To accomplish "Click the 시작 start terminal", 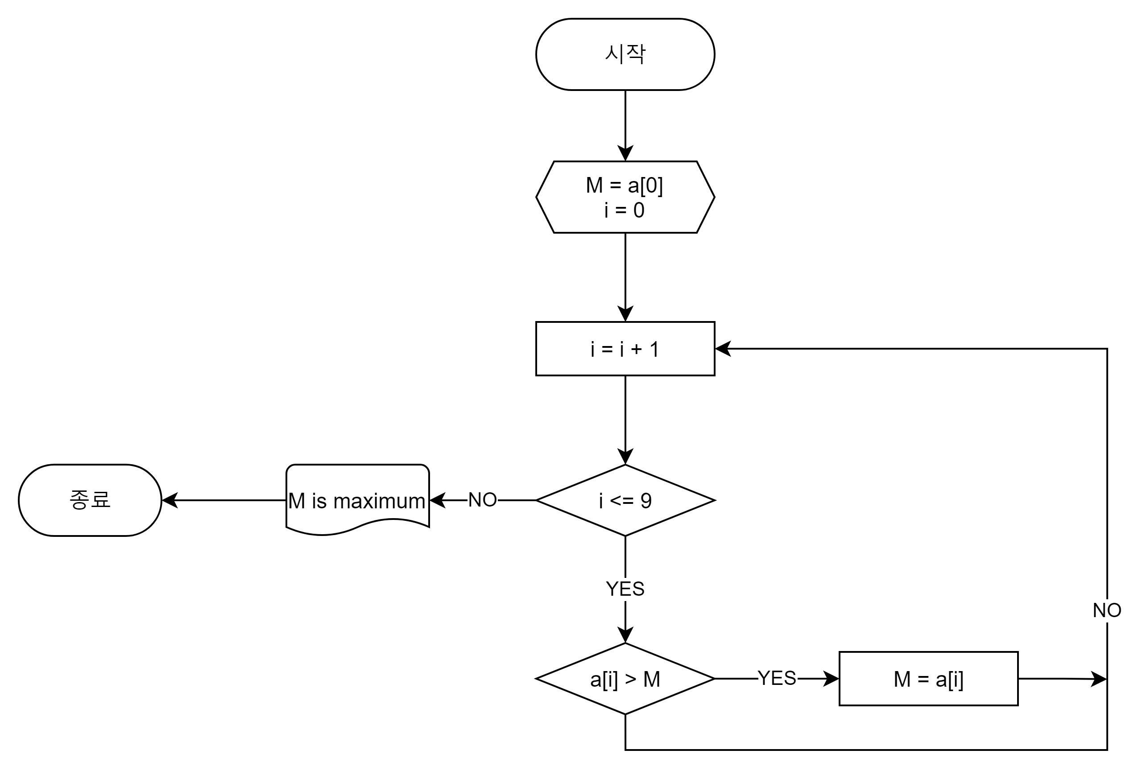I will tap(625, 54).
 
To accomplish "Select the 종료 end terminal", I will tap(90, 500).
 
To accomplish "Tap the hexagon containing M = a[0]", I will tap(625, 197).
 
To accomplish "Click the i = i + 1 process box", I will tap(625, 349).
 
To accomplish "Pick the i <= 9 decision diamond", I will tap(625, 500).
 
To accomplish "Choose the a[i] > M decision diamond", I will tap(625, 678).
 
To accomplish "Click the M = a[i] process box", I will tap(928, 678).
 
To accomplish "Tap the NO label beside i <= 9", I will tap(482, 500).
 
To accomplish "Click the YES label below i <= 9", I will tap(625, 589).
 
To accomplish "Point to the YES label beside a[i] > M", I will tap(778, 678).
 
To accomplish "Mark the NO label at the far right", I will tap(1107, 610).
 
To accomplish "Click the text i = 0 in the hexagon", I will tap(624, 210).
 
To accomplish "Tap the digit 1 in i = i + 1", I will tap(654, 349).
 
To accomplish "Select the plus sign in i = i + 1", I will tap(637, 349).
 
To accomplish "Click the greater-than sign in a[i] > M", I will tap(630, 680).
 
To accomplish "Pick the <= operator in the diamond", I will tap(621, 501).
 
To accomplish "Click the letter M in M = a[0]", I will tap(594, 185).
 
